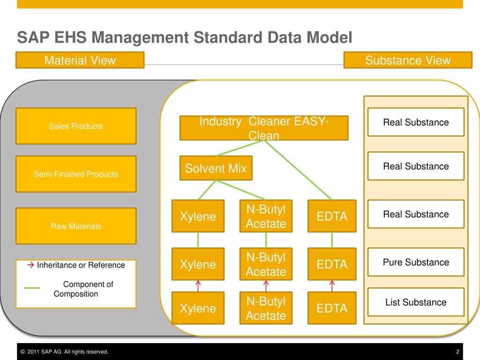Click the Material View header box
point(80,60)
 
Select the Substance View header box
point(407,60)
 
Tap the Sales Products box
point(76,126)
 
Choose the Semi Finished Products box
point(76,174)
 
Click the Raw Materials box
point(76,226)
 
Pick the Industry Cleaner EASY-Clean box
point(264,128)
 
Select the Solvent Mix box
point(216,168)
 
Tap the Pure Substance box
point(416,262)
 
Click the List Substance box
point(416,302)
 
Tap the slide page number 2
point(457,352)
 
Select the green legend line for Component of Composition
point(32,288)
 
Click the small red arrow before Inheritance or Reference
point(31,265)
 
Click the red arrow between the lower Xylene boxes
point(198,285)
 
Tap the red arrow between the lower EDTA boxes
point(332,285)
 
